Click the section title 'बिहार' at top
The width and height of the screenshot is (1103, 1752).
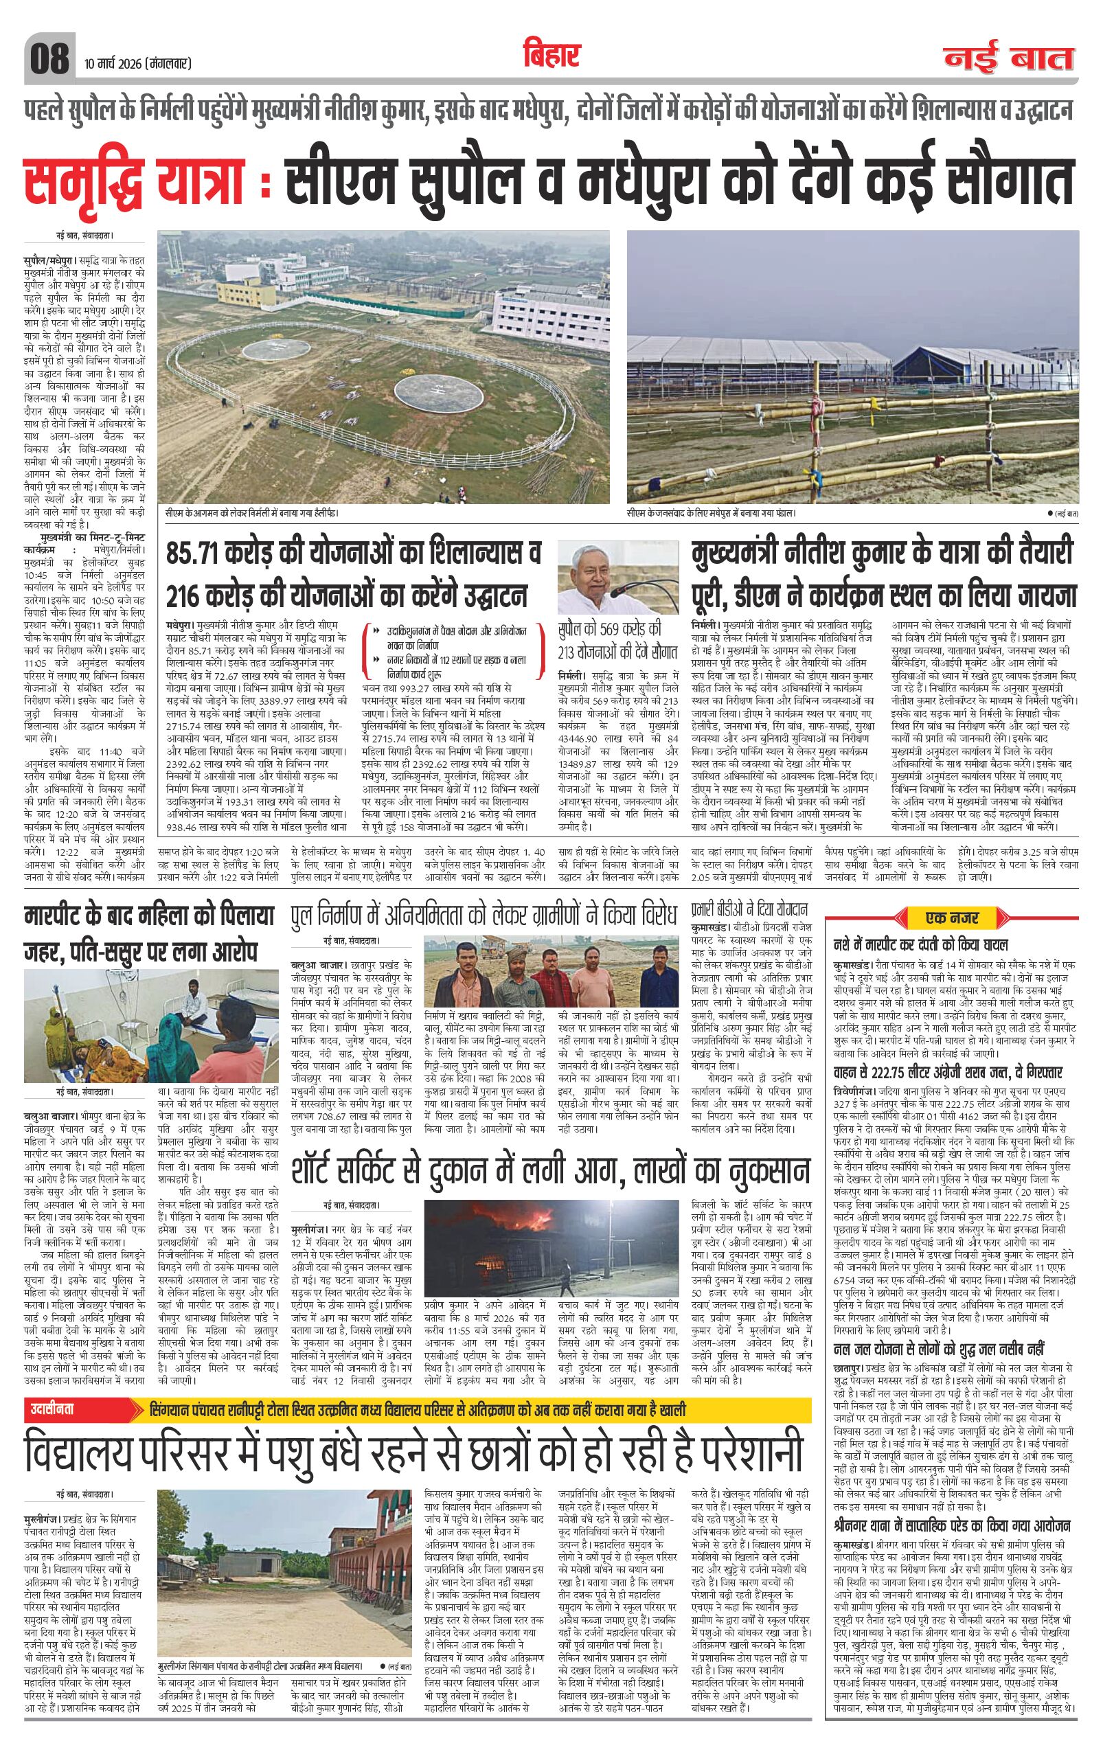coord(551,54)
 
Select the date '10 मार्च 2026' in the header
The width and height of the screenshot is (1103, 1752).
coord(109,65)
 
